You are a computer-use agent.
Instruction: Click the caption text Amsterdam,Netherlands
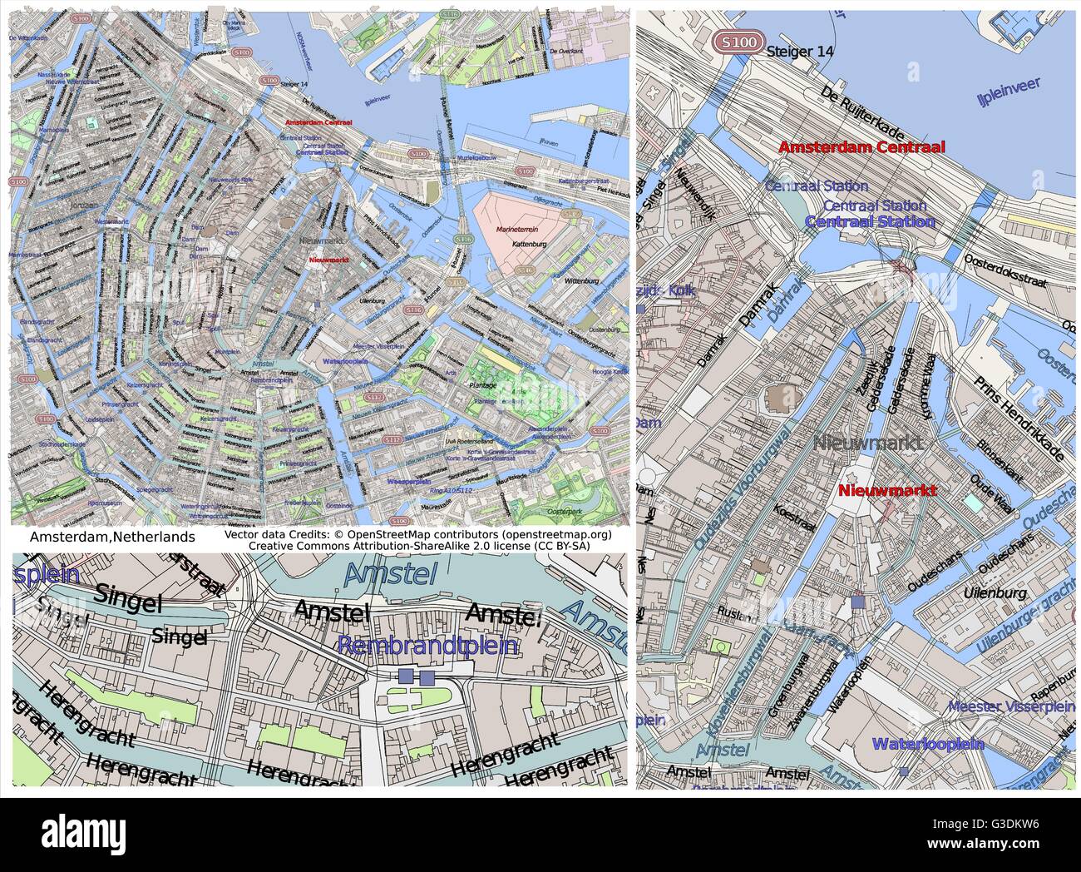112,538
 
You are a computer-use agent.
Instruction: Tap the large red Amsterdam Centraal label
861,147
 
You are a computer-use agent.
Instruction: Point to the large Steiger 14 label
801,51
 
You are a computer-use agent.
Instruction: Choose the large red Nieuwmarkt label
887,490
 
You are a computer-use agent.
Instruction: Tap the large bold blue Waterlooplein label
928,744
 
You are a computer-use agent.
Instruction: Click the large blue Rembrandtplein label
428,646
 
